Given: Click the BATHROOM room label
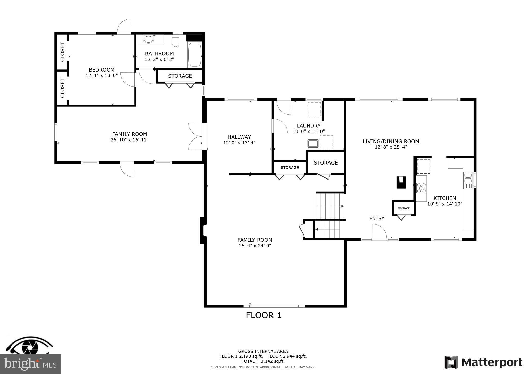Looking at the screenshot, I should [x=159, y=53].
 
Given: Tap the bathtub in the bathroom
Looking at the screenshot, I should [x=195, y=54].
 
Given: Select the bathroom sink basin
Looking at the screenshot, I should [x=148, y=40].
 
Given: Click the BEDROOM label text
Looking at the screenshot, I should [x=102, y=70].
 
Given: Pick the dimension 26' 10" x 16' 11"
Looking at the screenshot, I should [x=129, y=140].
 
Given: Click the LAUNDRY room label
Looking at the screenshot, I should [x=309, y=126].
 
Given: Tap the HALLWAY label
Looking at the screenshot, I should [x=239, y=137].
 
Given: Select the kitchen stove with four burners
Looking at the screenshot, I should [x=421, y=188].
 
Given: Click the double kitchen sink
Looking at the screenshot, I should [x=468, y=178].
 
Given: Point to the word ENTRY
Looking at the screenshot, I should [x=377, y=219].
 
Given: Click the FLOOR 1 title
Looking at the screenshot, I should [x=263, y=315].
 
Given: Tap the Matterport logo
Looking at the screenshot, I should [x=483, y=362].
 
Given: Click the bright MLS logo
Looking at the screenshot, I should [x=30, y=364].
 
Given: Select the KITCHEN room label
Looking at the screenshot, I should [x=444, y=198].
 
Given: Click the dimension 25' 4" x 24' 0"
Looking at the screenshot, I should [x=255, y=246].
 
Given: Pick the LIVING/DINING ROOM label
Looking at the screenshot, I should [x=391, y=141].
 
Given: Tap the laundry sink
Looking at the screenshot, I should [x=313, y=143].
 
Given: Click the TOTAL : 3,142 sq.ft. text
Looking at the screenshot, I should [x=263, y=361].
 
